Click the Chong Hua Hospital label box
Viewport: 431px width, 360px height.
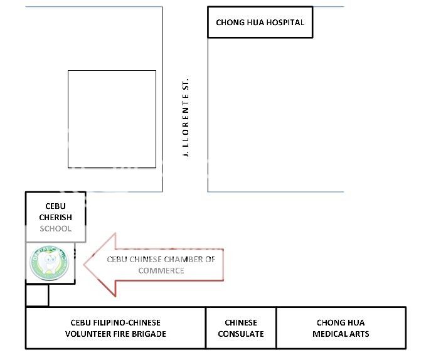260,23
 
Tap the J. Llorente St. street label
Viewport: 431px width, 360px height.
186,119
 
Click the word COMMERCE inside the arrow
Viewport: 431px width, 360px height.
161,270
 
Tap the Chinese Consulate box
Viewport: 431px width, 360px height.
241,328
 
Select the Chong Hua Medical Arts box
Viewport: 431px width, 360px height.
341,328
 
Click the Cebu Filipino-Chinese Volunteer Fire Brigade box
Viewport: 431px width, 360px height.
115,328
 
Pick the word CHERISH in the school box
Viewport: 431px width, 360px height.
55,217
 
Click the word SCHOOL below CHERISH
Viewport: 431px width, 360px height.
55,228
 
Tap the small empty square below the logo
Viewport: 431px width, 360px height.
37,295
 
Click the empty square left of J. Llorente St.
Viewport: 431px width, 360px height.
112,119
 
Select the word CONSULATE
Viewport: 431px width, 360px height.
241,334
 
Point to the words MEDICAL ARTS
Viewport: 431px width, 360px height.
341,334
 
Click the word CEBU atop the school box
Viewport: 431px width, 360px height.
55,206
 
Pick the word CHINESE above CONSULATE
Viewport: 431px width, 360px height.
241,322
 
